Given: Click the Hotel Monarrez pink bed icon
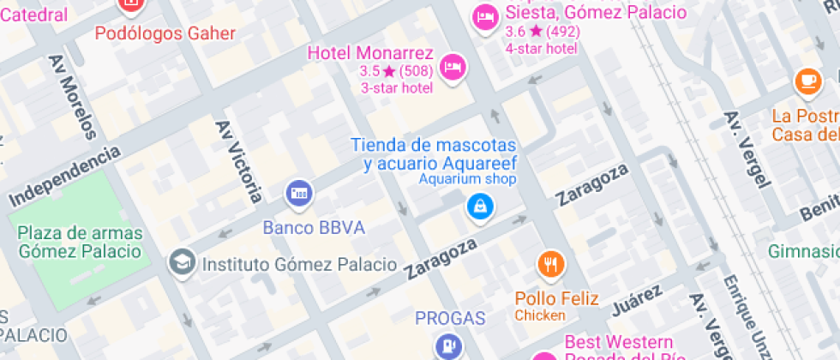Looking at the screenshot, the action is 453,66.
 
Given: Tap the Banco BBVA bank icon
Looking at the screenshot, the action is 298,192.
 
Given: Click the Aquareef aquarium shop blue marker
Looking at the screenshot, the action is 478,206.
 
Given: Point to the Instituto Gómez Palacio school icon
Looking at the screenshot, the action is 181,263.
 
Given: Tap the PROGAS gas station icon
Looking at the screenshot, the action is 447,347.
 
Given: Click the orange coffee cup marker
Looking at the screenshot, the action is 807,80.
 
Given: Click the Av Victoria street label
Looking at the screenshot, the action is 239,160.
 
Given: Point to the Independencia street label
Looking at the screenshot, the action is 65,176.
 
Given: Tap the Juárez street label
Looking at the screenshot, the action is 638,301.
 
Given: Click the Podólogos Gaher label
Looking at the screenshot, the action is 165,33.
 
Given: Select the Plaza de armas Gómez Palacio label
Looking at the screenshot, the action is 79,242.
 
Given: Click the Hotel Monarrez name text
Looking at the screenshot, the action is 370,53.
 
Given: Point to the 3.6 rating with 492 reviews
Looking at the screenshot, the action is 543,32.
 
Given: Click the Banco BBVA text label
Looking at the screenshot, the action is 314,228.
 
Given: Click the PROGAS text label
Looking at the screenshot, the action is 450,319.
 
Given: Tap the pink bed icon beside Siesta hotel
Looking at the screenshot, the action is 486,15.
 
